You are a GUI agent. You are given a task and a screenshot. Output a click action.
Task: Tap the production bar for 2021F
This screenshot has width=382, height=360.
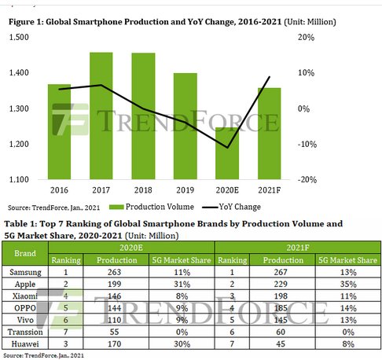pyautogui.click(x=269, y=133)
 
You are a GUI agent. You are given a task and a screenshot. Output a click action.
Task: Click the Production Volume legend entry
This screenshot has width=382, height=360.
pyautogui.click(x=141, y=208)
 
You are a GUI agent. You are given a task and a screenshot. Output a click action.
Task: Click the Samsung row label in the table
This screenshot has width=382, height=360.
pyautogui.click(x=26, y=272)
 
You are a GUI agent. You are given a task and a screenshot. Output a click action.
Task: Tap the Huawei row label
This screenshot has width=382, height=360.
pyautogui.click(x=26, y=343)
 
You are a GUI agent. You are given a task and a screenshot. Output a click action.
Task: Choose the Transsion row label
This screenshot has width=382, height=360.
pyautogui.click(x=26, y=331)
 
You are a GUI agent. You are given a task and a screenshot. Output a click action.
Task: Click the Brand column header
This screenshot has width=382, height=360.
pyautogui.click(x=26, y=254)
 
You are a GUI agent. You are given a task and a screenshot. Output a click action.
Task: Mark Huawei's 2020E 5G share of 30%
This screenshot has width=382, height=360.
pyautogui.click(x=178, y=343)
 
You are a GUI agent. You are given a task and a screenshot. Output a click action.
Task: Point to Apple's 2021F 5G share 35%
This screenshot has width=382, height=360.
pyautogui.click(x=347, y=284)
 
